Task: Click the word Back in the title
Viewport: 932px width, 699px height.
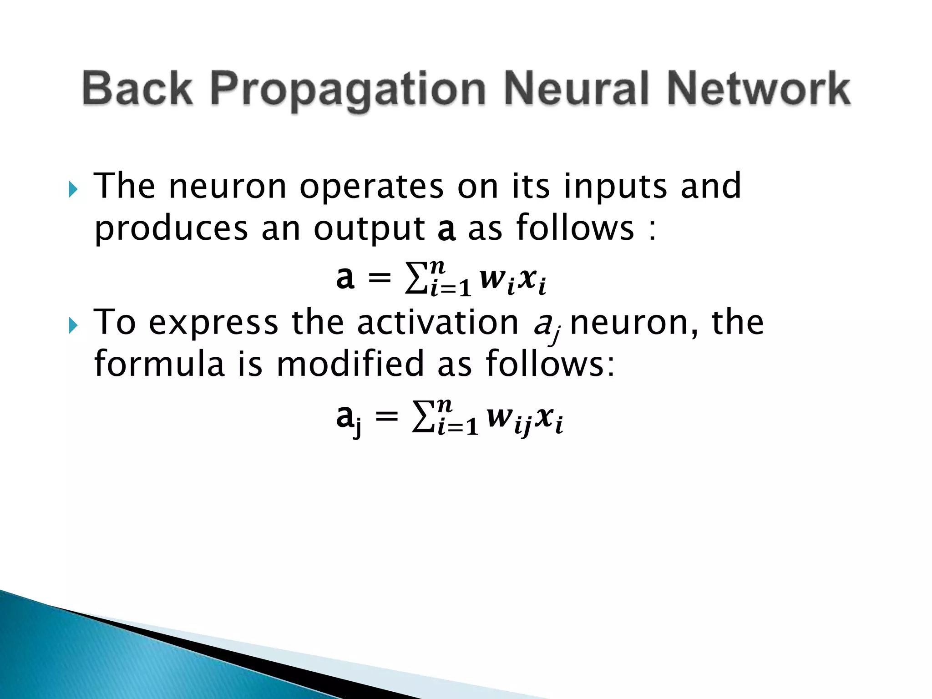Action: [x=137, y=88]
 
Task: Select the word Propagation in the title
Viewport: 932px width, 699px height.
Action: [x=348, y=90]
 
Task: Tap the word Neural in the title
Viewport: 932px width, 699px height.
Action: [x=576, y=88]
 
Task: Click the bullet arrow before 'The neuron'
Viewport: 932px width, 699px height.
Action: [x=73, y=188]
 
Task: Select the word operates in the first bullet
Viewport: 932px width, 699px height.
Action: [x=371, y=187]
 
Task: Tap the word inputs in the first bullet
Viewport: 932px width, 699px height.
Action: [x=615, y=187]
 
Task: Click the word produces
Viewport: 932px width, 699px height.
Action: [x=171, y=229]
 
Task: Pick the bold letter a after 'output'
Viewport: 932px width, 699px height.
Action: [x=446, y=229]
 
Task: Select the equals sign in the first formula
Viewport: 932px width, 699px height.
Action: [x=379, y=277]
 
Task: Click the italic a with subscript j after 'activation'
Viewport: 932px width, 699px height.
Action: [x=546, y=325]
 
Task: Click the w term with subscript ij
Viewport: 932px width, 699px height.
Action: [x=507, y=418]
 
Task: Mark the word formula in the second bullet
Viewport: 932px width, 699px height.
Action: [x=159, y=364]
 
